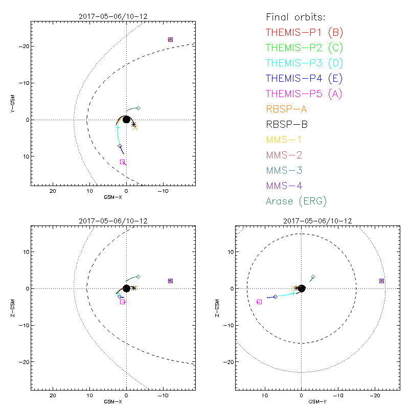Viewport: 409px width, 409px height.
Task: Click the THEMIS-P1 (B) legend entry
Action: (x=304, y=33)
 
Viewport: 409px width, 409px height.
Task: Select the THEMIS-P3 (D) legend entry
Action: (x=304, y=63)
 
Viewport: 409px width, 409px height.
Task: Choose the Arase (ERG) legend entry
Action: (x=296, y=201)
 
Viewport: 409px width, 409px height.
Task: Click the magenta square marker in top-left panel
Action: (x=123, y=162)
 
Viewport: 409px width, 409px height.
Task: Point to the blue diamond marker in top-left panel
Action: (x=120, y=146)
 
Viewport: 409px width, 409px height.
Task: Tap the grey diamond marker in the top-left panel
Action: (x=138, y=108)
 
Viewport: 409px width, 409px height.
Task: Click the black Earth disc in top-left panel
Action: (x=126, y=120)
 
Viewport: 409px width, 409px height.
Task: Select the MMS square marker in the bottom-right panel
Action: (x=381, y=281)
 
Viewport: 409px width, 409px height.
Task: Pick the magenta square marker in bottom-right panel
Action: (x=259, y=302)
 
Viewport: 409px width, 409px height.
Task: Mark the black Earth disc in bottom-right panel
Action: (x=301, y=288)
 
